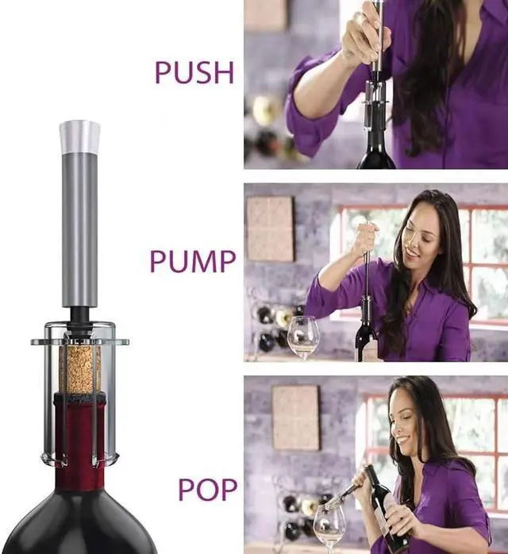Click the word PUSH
(194, 72)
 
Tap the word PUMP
(193, 261)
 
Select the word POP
(207, 489)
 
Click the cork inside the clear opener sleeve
(80, 368)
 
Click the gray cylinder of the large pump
(79, 229)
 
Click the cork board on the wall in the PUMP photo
(270, 229)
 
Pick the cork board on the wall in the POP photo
(295, 417)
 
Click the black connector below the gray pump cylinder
(79, 317)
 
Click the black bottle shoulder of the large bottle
(79, 523)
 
